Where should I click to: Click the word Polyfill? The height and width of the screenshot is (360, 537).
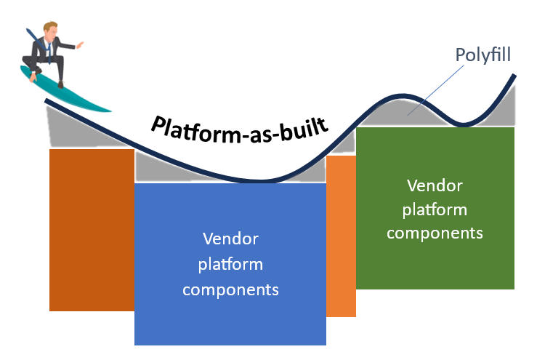[x=482, y=55]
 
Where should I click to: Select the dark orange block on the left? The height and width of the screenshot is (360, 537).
[x=92, y=229]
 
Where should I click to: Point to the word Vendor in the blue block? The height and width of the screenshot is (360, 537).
[x=230, y=239]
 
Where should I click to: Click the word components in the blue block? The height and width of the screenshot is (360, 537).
[x=230, y=289]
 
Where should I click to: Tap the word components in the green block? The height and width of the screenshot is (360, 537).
[x=435, y=233]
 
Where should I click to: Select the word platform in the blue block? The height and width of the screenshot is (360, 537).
[x=230, y=264]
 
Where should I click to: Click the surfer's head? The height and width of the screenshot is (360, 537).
[x=49, y=31]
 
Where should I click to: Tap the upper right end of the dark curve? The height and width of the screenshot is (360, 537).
[x=513, y=78]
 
